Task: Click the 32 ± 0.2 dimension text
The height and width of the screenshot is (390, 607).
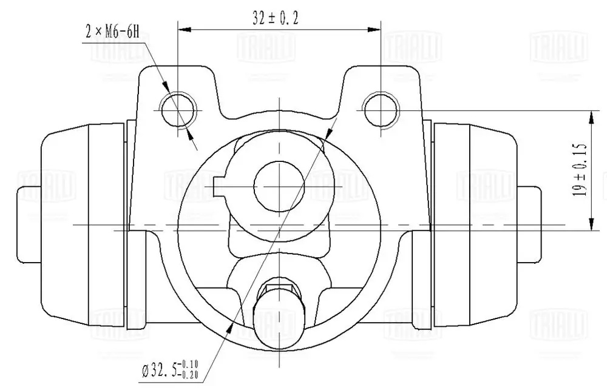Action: pyautogui.click(x=276, y=18)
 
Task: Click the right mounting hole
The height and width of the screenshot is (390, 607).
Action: pyautogui.click(x=381, y=108)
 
